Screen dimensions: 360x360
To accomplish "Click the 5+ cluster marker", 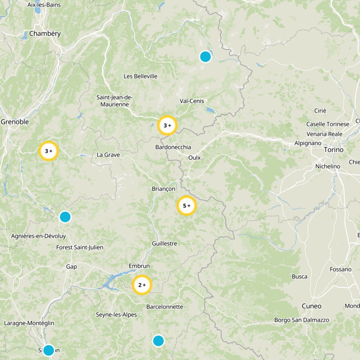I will (186, 206).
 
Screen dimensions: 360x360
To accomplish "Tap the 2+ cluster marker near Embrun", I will (142, 285).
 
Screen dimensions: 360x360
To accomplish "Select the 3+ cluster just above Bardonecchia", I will (167, 126).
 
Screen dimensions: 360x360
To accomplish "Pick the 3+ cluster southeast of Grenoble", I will (49, 151).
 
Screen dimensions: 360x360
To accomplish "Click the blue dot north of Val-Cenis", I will (205, 57).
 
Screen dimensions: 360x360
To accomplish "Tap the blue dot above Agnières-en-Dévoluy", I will (65, 217).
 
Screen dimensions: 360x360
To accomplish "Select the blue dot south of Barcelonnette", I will (158, 341).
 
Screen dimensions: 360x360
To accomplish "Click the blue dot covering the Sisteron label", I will (49, 350).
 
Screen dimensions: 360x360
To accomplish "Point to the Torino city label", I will (333, 150).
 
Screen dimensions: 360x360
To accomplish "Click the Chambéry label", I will (45, 34).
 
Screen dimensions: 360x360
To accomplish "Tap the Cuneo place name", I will (311, 306).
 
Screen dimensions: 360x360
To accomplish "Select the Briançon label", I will (164, 189).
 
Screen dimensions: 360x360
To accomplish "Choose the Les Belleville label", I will (140, 76).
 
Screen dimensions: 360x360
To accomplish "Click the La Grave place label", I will (108, 155).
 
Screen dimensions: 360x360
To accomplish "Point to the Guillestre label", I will (165, 243).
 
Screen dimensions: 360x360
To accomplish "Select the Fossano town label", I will (340, 269).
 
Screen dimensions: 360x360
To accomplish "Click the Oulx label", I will (194, 157).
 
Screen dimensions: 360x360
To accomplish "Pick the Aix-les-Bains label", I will (44, 5).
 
